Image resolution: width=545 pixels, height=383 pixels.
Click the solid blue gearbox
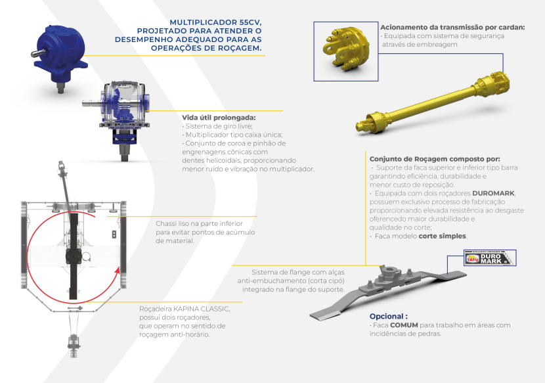coord(60,56)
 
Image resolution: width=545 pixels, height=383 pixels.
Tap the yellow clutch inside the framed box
coord(345,49)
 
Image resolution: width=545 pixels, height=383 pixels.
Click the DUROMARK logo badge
coord(490,258)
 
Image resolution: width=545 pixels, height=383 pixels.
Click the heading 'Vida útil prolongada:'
coord(219,118)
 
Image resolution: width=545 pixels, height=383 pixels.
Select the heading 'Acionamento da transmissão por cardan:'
coord(452,27)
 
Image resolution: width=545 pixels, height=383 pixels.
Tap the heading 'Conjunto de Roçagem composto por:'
coord(435,159)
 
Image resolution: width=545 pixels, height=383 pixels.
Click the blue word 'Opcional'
coord(387,316)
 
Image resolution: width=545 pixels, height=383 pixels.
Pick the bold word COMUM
coord(404,325)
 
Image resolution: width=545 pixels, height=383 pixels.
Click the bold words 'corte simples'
coord(442,237)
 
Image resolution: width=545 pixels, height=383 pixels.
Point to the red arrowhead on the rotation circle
coord(118,270)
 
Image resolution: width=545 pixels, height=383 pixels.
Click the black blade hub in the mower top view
coord(74,257)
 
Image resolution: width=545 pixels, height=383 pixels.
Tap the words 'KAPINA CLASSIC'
coord(202,309)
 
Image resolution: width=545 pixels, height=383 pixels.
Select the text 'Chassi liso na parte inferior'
coord(199,223)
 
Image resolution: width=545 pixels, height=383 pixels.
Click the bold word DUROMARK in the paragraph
coord(493,193)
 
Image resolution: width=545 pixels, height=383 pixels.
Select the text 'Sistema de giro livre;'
coord(219,126)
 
